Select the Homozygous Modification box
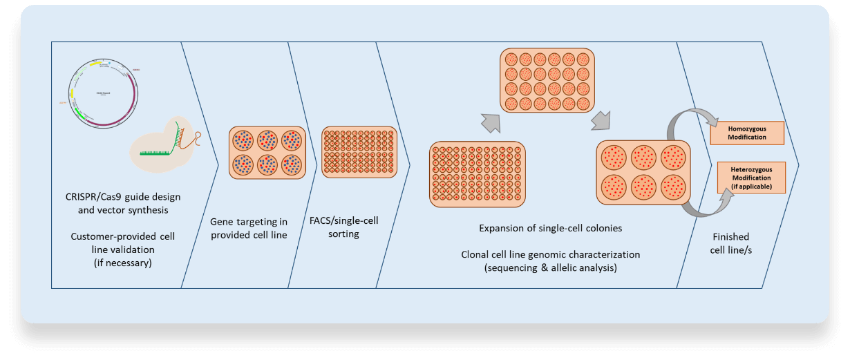click(747, 133)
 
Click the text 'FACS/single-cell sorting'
click(344, 227)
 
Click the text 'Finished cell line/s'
click(731, 243)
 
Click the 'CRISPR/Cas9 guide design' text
click(123, 197)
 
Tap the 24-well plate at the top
click(547, 82)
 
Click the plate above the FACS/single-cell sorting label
click(359, 152)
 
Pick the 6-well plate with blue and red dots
click(266, 153)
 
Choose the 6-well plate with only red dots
click(643, 172)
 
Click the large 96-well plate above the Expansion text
click(478, 174)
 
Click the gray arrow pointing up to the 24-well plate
click(489, 122)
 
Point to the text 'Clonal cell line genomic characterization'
click(550, 254)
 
